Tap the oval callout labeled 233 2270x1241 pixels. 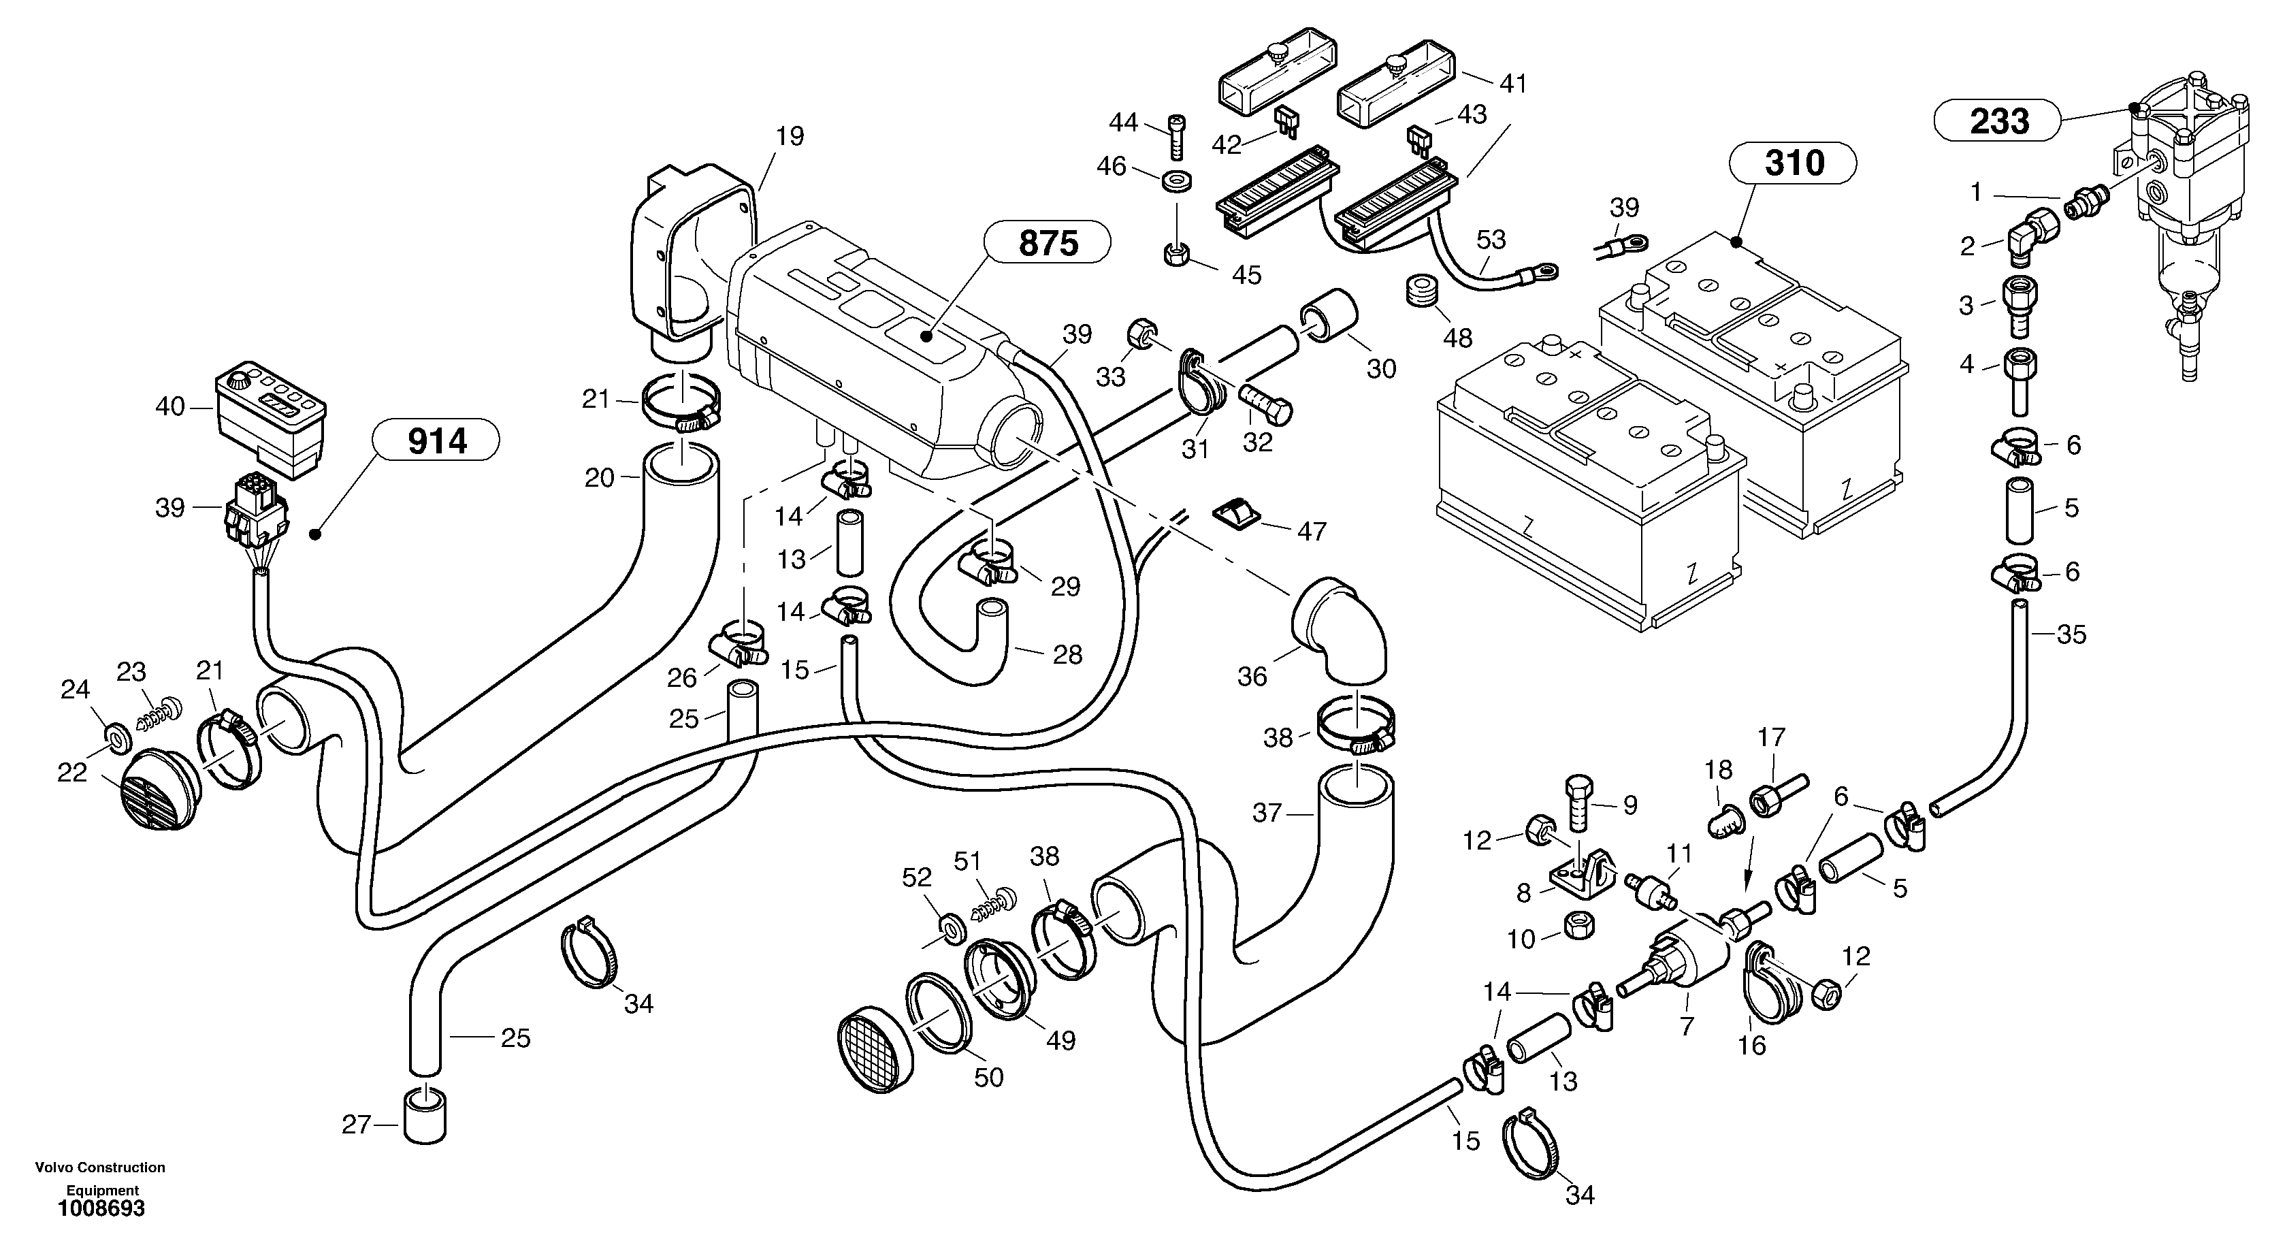[x=1998, y=120]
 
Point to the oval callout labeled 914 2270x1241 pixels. [x=437, y=440]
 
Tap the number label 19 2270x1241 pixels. [x=790, y=135]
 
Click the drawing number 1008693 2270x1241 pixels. [x=101, y=1209]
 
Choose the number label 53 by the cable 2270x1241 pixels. [x=1491, y=239]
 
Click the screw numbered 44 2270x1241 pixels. [x=1176, y=137]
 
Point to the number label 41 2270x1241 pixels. [x=1513, y=84]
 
